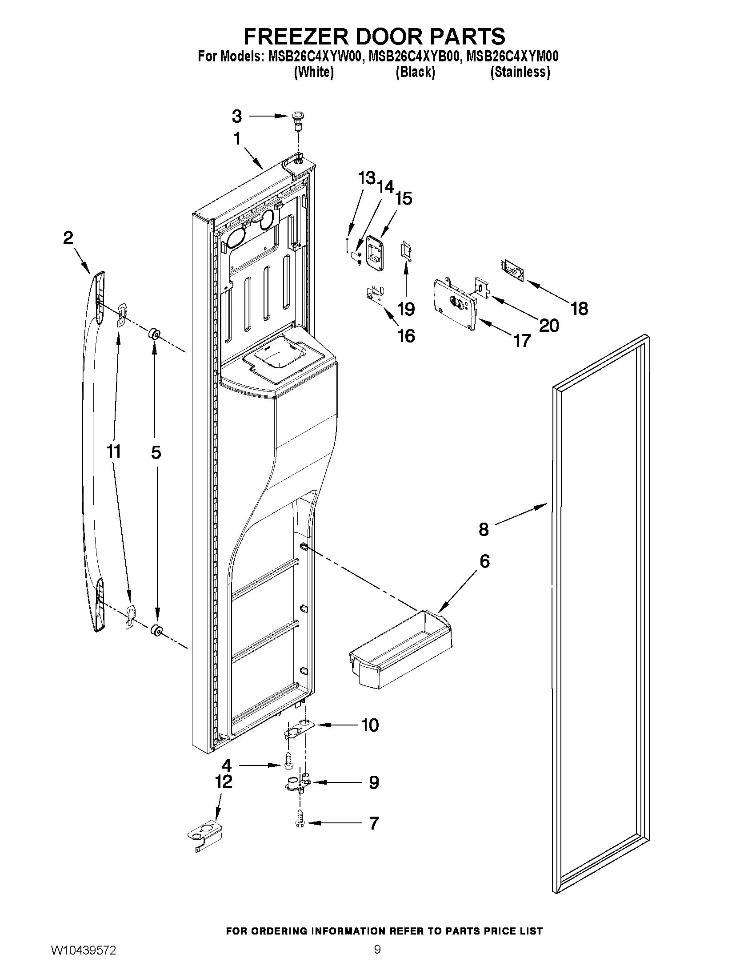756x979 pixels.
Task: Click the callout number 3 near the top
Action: [237, 117]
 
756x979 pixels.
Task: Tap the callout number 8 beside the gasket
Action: [484, 529]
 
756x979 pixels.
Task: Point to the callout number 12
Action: [224, 782]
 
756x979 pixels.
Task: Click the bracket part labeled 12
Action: [205, 834]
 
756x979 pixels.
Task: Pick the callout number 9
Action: [374, 782]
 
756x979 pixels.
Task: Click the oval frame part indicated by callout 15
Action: [375, 253]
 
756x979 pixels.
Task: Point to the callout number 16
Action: [406, 336]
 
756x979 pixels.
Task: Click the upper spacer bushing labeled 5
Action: [154, 334]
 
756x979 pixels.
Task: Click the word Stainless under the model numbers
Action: [520, 72]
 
